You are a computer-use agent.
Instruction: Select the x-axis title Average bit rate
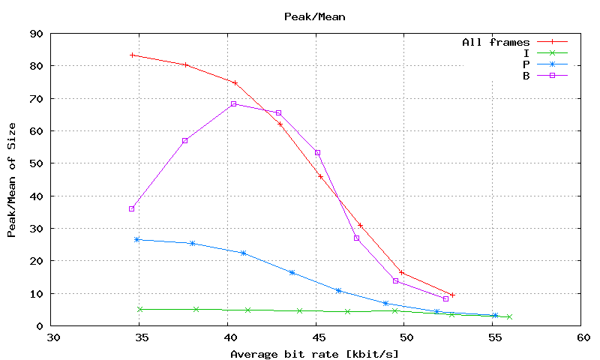tap(314, 354)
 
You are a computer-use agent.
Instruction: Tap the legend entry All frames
tap(496, 43)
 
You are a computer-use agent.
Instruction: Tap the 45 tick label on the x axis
tap(317, 339)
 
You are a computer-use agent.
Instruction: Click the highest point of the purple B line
tap(234, 103)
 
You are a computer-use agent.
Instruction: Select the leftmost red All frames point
tap(132, 55)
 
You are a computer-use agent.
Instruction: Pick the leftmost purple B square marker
tap(131, 208)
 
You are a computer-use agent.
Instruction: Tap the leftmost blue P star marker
tap(136, 239)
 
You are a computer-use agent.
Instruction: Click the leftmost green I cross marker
tap(140, 309)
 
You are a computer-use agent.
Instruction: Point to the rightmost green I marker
tap(509, 317)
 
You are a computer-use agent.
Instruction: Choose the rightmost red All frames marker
tap(452, 295)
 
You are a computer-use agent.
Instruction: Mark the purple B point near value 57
tap(184, 140)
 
